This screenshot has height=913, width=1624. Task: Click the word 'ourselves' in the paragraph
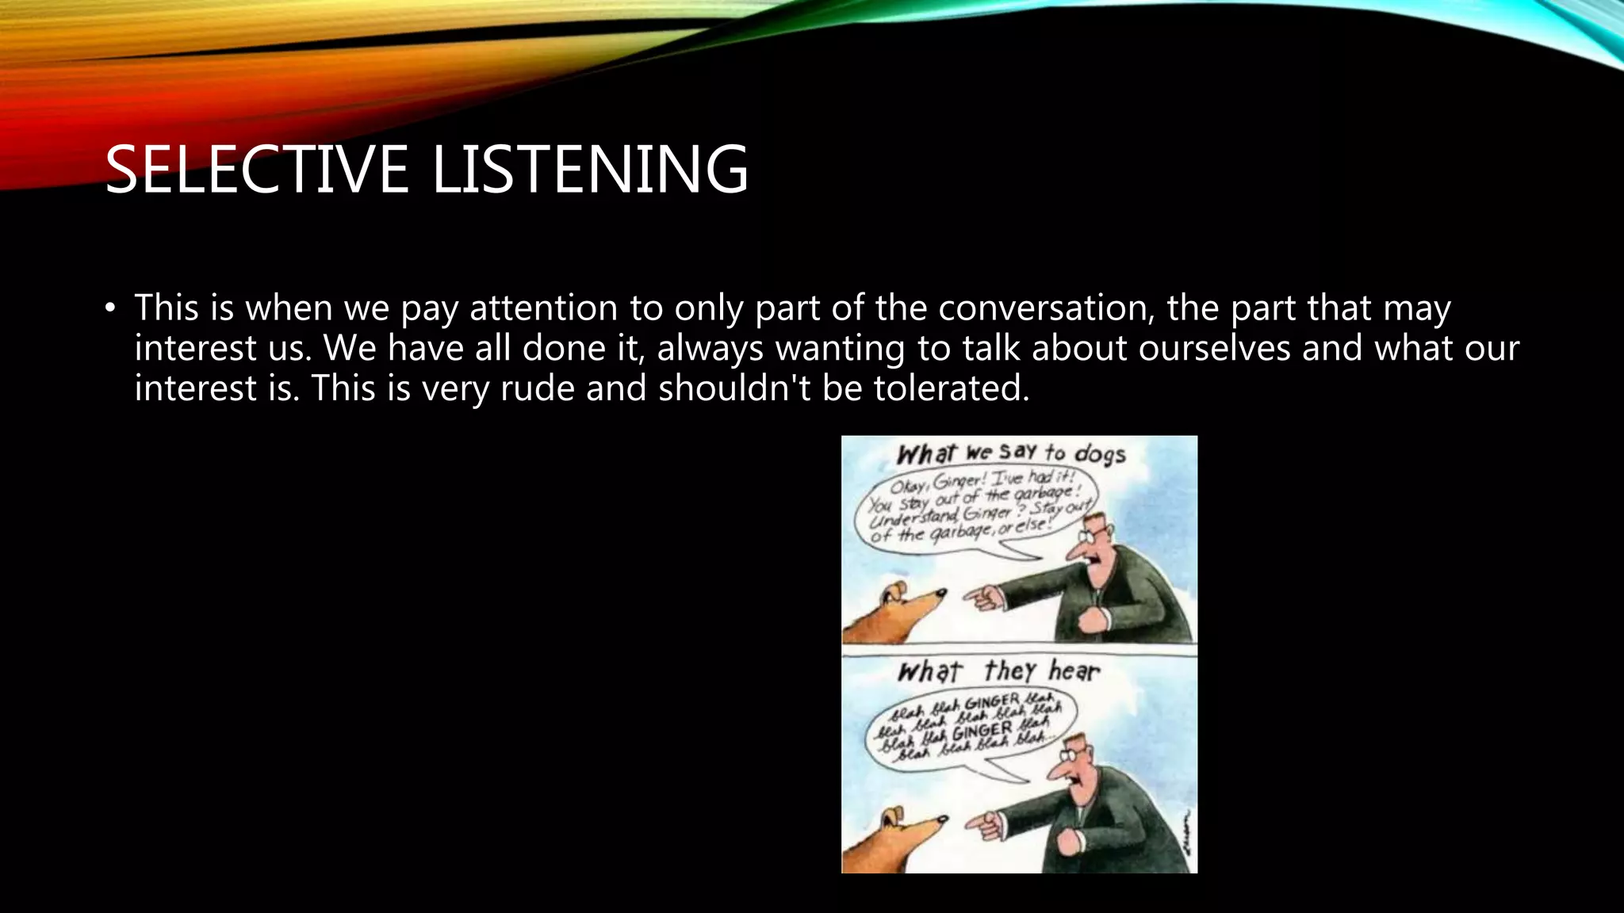tap(1215, 348)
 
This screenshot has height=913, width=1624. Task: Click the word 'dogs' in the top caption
tap(1099, 454)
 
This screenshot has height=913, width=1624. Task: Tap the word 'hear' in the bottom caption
tap(1074, 671)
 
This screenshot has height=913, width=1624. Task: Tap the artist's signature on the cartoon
tap(1185, 832)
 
